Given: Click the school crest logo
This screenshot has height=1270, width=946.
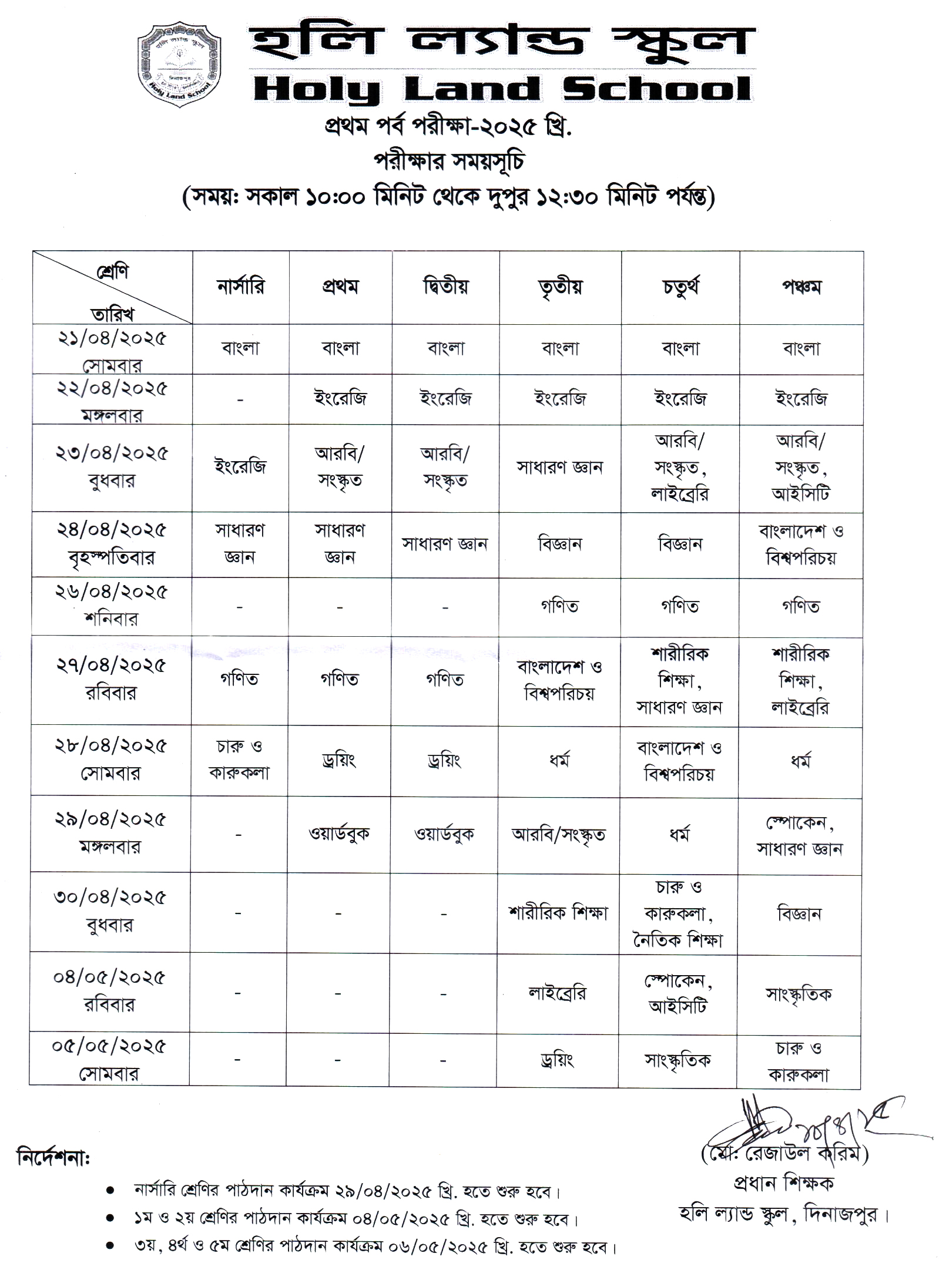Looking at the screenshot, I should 179,65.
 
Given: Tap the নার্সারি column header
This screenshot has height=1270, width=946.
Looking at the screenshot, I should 241,287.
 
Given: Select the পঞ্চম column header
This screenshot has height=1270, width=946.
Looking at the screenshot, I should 801,287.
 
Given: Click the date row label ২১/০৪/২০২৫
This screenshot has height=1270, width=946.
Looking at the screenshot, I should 112,338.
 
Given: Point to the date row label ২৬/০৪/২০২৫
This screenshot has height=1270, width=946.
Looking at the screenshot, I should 112,592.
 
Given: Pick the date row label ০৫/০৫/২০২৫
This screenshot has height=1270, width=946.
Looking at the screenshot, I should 109,1046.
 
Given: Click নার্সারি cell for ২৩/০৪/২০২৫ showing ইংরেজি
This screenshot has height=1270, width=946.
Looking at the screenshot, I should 240,467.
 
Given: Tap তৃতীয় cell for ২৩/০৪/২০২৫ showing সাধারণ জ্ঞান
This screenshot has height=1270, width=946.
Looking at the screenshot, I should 559,468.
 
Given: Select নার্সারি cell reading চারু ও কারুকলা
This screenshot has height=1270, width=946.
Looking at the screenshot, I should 239,760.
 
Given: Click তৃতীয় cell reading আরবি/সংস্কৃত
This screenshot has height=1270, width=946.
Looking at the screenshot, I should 558,835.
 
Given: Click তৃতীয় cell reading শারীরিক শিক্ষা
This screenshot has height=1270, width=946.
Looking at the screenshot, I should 558,913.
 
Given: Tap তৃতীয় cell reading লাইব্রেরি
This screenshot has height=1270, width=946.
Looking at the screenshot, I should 557,993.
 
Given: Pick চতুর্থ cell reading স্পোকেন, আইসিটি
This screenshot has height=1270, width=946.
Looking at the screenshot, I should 678,993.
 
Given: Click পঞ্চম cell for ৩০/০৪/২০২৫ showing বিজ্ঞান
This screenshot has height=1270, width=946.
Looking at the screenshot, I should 799,914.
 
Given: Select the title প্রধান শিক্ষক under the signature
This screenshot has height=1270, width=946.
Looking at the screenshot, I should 784,1182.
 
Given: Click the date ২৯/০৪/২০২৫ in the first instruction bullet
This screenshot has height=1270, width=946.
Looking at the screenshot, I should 385,1192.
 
